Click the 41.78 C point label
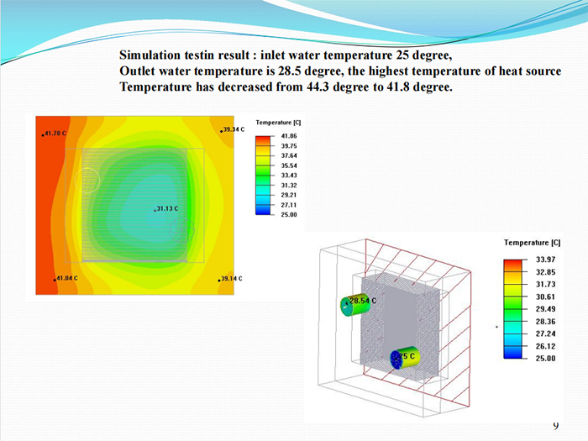[x=55, y=133]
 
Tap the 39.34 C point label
[x=234, y=129]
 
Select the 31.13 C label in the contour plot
[x=167, y=208]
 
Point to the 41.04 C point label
[x=67, y=278]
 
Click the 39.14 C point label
[x=231, y=279]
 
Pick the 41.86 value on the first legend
[x=289, y=136]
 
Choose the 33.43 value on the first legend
[x=289, y=176]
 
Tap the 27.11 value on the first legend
[x=289, y=205]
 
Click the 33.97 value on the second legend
[x=546, y=260]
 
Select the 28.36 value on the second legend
[x=546, y=322]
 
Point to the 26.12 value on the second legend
[x=546, y=346]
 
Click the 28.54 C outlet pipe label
[x=363, y=301]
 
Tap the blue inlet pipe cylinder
[x=404, y=358]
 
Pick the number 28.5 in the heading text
[x=290, y=71]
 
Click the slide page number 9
[x=556, y=426]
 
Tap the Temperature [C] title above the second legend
[x=532, y=243]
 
